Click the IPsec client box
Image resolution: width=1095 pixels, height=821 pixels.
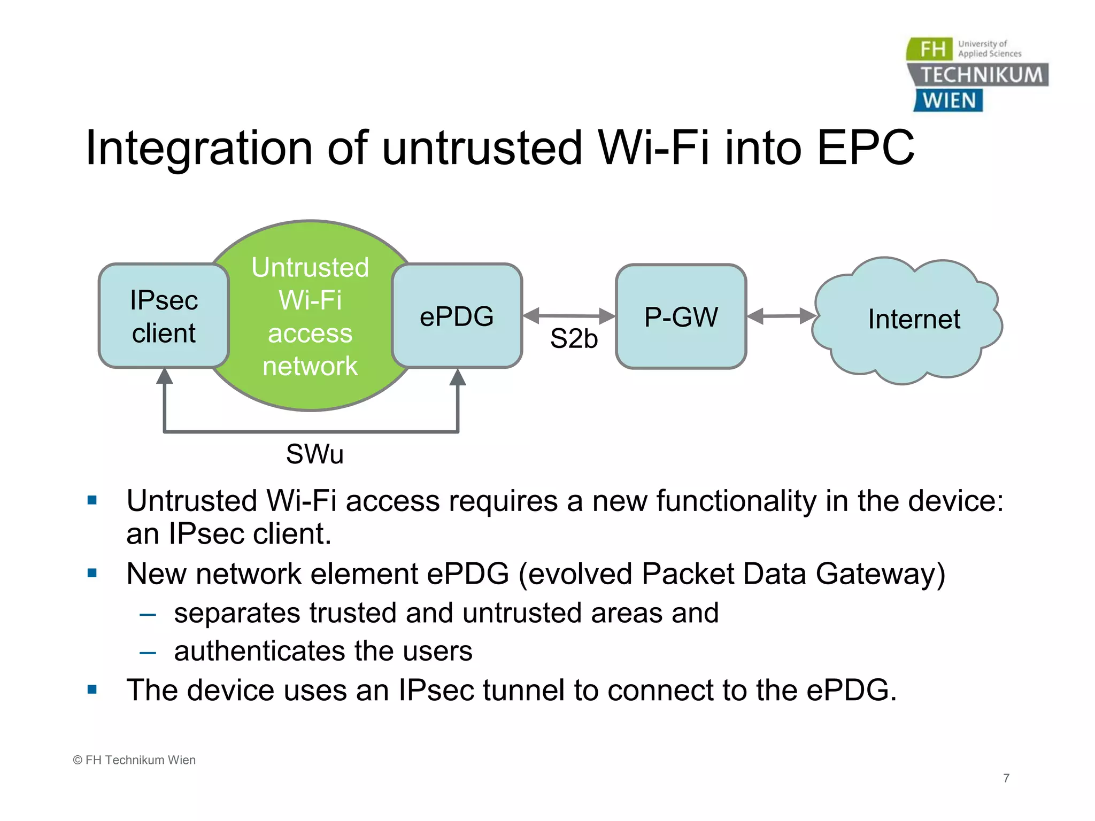(164, 316)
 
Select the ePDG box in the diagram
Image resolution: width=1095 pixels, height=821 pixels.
(457, 316)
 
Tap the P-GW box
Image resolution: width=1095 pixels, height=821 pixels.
(681, 316)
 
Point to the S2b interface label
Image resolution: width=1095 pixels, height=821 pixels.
(574, 339)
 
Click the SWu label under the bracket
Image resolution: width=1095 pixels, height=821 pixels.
(314, 454)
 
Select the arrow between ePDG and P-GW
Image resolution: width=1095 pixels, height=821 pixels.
(569, 316)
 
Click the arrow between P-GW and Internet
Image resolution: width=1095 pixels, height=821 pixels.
(781, 316)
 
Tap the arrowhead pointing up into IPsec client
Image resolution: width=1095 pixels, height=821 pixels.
(165, 376)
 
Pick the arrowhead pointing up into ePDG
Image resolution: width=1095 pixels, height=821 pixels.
(458, 377)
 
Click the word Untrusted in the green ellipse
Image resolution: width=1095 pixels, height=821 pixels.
(310, 267)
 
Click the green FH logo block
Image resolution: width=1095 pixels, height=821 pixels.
(930, 49)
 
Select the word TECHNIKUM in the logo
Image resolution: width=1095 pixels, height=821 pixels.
(981, 75)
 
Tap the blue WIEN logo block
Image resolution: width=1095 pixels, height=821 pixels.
(949, 100)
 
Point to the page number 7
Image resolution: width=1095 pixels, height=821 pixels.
(1006, 778)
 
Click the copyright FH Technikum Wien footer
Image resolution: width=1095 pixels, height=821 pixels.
(134, 760)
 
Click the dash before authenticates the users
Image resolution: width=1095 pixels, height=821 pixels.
(148, 653)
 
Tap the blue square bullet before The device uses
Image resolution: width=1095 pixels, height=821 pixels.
(92, 690)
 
